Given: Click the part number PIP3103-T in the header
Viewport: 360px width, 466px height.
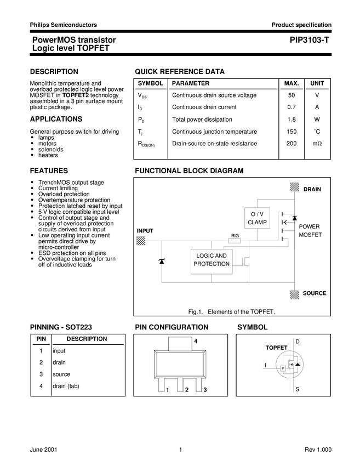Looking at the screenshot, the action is point(309,40).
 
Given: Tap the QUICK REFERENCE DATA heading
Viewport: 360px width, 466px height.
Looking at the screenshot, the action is point(180,72).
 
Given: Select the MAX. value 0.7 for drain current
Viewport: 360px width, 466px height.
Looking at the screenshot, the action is point(292,107).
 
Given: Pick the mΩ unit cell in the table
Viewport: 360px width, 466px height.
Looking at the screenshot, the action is point(317,144).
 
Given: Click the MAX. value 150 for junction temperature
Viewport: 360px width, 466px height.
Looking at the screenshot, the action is point(292,132).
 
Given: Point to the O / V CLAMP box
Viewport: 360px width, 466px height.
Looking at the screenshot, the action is point(257,218).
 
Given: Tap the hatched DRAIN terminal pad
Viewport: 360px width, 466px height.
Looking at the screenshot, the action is point(295,187).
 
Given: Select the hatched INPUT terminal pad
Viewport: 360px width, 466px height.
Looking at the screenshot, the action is point(141,241).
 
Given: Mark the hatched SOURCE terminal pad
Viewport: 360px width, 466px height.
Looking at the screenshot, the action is point(295,294).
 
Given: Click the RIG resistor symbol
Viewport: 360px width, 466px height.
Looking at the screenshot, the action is point(235,241).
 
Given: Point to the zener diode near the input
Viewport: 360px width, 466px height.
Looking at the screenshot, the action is point(162,262).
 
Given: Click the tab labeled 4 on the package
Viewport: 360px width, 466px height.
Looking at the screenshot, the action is point(180,344).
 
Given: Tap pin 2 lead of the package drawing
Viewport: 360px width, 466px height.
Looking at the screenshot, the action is point(180,385).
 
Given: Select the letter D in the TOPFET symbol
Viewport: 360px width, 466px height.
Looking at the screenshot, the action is point(298,342).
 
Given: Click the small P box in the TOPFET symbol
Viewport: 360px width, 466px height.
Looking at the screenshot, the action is point(283,368).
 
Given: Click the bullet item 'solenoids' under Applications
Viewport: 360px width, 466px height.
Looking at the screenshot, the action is point(51,150).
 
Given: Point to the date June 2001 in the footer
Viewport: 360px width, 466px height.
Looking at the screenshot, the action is point(43,450).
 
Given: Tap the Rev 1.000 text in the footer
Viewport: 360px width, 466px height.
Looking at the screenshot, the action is point(318,450).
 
